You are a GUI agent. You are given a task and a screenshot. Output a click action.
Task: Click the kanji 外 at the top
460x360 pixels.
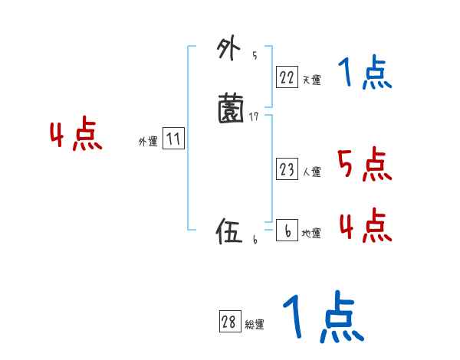point(227,51)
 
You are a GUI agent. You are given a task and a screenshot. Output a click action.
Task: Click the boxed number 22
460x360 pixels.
point(287,77)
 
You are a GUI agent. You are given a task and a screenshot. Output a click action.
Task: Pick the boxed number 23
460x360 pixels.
point(287,170)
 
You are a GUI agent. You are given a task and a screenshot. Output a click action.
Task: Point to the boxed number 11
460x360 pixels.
point(173,139)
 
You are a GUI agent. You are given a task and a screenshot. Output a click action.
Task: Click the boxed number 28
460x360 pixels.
point(228,322)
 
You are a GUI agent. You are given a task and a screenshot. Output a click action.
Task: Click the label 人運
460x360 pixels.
point(311,172)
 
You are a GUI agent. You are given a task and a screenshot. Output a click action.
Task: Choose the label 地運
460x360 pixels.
point(311,234)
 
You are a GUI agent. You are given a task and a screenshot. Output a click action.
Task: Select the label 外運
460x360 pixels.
point(148,142)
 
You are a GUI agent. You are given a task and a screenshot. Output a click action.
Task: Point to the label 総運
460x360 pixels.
point(254,325)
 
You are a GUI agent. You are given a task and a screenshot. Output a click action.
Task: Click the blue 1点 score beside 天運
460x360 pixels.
point(365,74)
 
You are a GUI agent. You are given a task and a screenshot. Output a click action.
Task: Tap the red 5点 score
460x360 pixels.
point(364,164)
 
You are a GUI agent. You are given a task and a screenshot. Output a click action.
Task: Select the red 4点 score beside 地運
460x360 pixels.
point(364,225)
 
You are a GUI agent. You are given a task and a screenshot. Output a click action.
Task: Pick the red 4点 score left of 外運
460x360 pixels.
point(76,136)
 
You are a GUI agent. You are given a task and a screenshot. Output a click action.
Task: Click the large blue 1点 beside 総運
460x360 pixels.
point(322,317)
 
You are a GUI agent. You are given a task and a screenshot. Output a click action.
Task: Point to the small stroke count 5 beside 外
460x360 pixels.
point(255,56)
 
